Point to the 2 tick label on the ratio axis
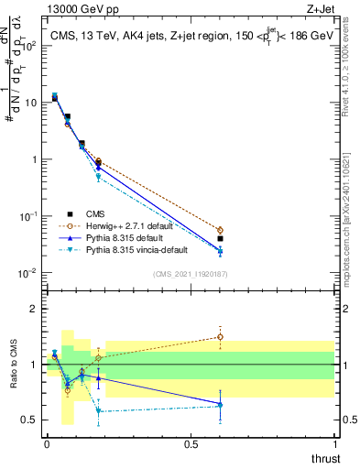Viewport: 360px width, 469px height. click(x=33, y=309)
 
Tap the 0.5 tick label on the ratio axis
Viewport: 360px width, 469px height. click(x=28, y=420)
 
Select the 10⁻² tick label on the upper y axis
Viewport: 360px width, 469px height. click(x=27, y=273)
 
